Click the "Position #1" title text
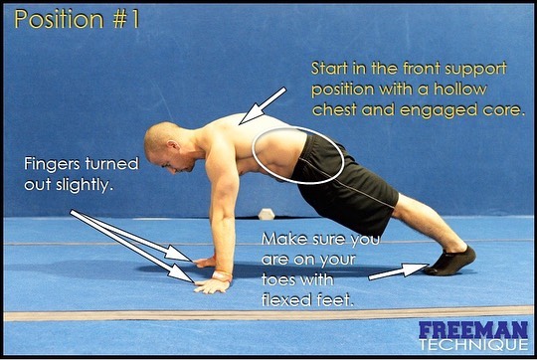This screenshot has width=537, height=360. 77,19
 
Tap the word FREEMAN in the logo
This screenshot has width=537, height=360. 473,330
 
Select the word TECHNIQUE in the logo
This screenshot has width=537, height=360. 474,345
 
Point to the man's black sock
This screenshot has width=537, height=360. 450,261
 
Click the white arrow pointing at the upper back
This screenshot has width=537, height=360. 263,105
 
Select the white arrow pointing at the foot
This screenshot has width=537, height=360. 399,270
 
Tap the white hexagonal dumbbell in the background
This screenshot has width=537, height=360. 267,214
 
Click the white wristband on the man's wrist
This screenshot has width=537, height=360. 222,275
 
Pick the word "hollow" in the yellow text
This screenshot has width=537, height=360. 460,90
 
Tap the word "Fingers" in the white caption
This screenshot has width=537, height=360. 53,164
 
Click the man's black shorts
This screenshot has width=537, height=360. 346,183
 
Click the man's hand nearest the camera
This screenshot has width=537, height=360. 211,286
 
